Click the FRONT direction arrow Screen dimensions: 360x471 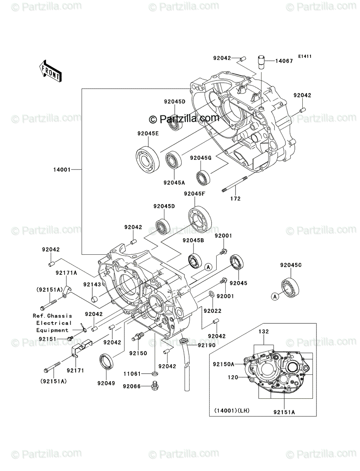(50, 71)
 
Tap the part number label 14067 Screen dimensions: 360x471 (284, 61)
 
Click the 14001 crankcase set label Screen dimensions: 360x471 (62, 170)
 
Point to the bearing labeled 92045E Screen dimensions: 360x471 (148, 159)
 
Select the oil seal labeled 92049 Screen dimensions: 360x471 (106, 361)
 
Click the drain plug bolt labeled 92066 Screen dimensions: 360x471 (155, 387)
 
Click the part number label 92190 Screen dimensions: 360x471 (206, 345)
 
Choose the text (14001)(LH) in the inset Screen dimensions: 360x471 (232, 411)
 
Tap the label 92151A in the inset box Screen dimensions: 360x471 (284, 412)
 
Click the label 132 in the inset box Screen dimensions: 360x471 (263, 332)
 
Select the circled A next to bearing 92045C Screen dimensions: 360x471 (275, 297)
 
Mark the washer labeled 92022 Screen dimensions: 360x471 (211, 294)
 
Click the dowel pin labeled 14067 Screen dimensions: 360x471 (261, 62)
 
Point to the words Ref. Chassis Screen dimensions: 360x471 (52, 316)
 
